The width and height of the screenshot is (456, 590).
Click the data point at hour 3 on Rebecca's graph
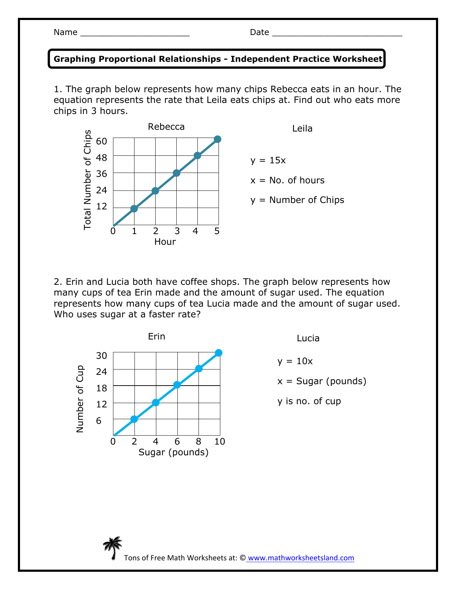click(x=176, y=173)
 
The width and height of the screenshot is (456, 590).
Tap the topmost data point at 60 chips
click(x=217, y=139)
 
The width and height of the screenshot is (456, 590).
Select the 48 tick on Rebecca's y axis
click(x=102, y=158)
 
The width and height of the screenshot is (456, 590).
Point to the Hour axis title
click(x=165, y=242)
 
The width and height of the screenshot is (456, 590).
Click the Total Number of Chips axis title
click(x=88, y=180)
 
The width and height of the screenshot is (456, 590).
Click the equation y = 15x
click(x=268, y=160)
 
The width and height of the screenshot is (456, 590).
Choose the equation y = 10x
click(x=295, y=361)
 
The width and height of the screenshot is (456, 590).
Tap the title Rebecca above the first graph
click(x=166, y=127)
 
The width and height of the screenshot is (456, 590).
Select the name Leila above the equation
click(x=302, y=129)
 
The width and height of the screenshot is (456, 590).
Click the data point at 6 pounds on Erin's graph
click(x=177, y=385)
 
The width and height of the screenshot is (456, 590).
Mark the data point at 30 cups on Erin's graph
click(x=219, y=353)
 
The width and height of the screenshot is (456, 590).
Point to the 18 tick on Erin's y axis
click(x=102, y=388)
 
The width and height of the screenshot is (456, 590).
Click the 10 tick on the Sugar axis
click(x=220, y=442)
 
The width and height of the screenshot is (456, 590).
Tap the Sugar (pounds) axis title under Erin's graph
click(x=173, y=453)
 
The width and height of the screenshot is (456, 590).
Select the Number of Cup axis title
click(x=80, y=399)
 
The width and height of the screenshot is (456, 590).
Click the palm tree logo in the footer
click(x=113, y=547)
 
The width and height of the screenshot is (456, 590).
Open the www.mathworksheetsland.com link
click(x=300, y=558)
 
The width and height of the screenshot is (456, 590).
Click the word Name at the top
click(x=65, y=33)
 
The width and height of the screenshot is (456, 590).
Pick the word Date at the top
click(x=259, y=33)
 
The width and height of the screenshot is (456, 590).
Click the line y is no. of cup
click(x=309, y=401)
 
